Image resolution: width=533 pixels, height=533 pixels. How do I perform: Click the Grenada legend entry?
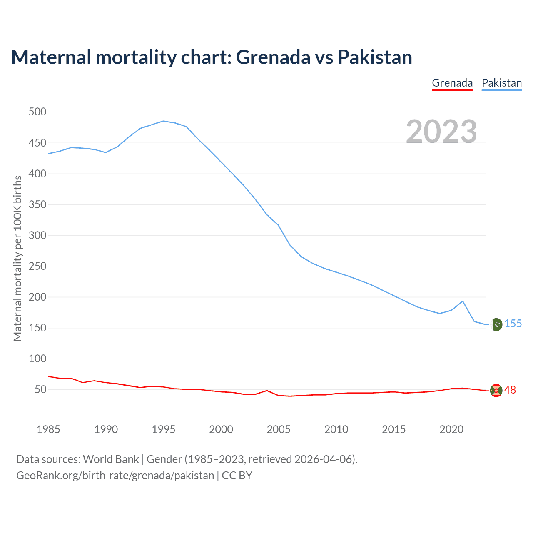(452, 83)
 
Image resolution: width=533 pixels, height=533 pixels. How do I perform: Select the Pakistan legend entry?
(501, 83)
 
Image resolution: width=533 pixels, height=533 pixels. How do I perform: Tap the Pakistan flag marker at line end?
(496, 324)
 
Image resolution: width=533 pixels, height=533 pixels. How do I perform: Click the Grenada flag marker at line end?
(496, 390)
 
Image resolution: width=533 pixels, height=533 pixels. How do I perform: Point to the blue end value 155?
(513, 324)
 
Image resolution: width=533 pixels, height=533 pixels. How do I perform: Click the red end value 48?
(510, 390)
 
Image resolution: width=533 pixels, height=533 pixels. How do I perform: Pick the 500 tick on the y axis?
(37, 112)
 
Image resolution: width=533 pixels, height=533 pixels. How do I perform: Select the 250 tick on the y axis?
(37, 266)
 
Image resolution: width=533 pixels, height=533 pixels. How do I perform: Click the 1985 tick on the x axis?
(48, 429)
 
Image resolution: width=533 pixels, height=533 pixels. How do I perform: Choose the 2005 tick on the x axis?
(279, 429)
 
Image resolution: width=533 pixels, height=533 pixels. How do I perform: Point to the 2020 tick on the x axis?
(451, 429)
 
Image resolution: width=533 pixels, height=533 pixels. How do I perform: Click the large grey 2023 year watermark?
(441, 132)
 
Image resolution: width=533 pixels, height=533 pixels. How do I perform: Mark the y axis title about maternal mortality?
(17, 258)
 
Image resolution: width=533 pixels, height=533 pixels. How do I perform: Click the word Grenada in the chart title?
(273, 57)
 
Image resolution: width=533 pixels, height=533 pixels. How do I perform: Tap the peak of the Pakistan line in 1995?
(163, 121)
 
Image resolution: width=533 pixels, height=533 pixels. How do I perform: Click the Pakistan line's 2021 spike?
(463, 301)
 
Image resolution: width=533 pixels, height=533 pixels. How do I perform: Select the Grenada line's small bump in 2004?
(267, 391)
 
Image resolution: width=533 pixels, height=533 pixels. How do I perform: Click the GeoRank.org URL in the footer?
(115, 475)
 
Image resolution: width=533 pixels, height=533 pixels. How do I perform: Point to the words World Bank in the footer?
(111, 459)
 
